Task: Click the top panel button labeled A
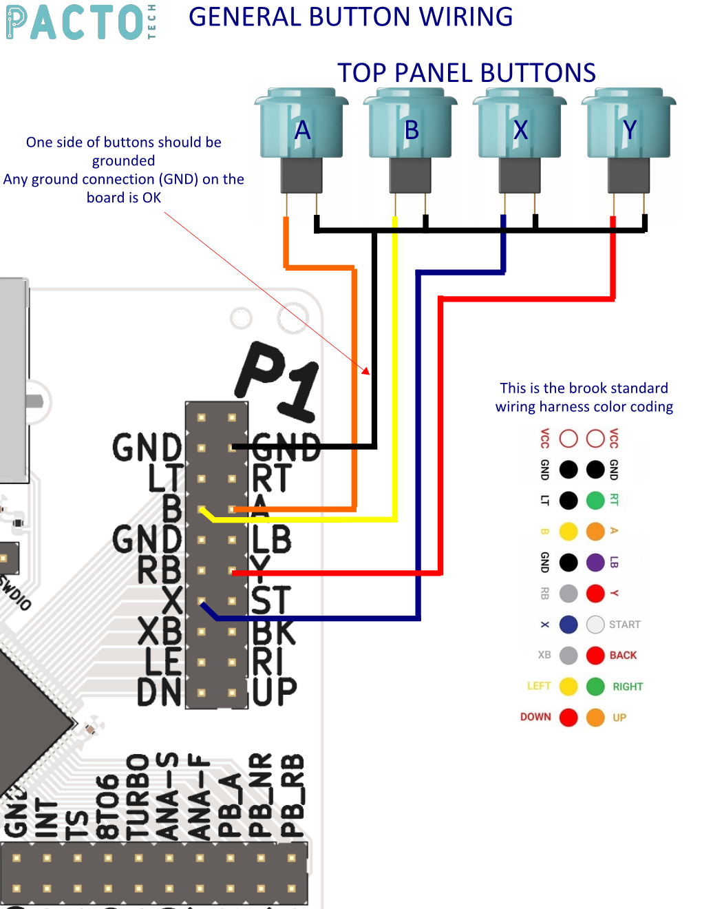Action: (x=301, y=128)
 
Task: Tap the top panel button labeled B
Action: (x=411, y=128)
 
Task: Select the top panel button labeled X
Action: (x=520, y=128)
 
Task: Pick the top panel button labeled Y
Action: (x=629, y=128)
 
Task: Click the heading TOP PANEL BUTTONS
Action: (x=466, y=73)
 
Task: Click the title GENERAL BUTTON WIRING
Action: (x=350, y=17)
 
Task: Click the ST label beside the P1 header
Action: (x=271, y=600)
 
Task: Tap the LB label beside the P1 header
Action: (x=272, y=539)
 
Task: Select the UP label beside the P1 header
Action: (x=275, y=691)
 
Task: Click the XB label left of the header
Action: (x=160, y=631)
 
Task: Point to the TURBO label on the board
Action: (x=138, y=797)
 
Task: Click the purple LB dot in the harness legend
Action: (x=595, y=562)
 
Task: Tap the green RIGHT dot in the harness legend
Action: (x=595, y=687)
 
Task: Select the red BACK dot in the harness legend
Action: (x=595, y=656)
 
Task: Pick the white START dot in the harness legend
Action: (x=595, y=625)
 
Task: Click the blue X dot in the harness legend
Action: (x=568, y=625)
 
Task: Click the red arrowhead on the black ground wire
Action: (x=366, y=371)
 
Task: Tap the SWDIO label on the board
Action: (x=15, y=593)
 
